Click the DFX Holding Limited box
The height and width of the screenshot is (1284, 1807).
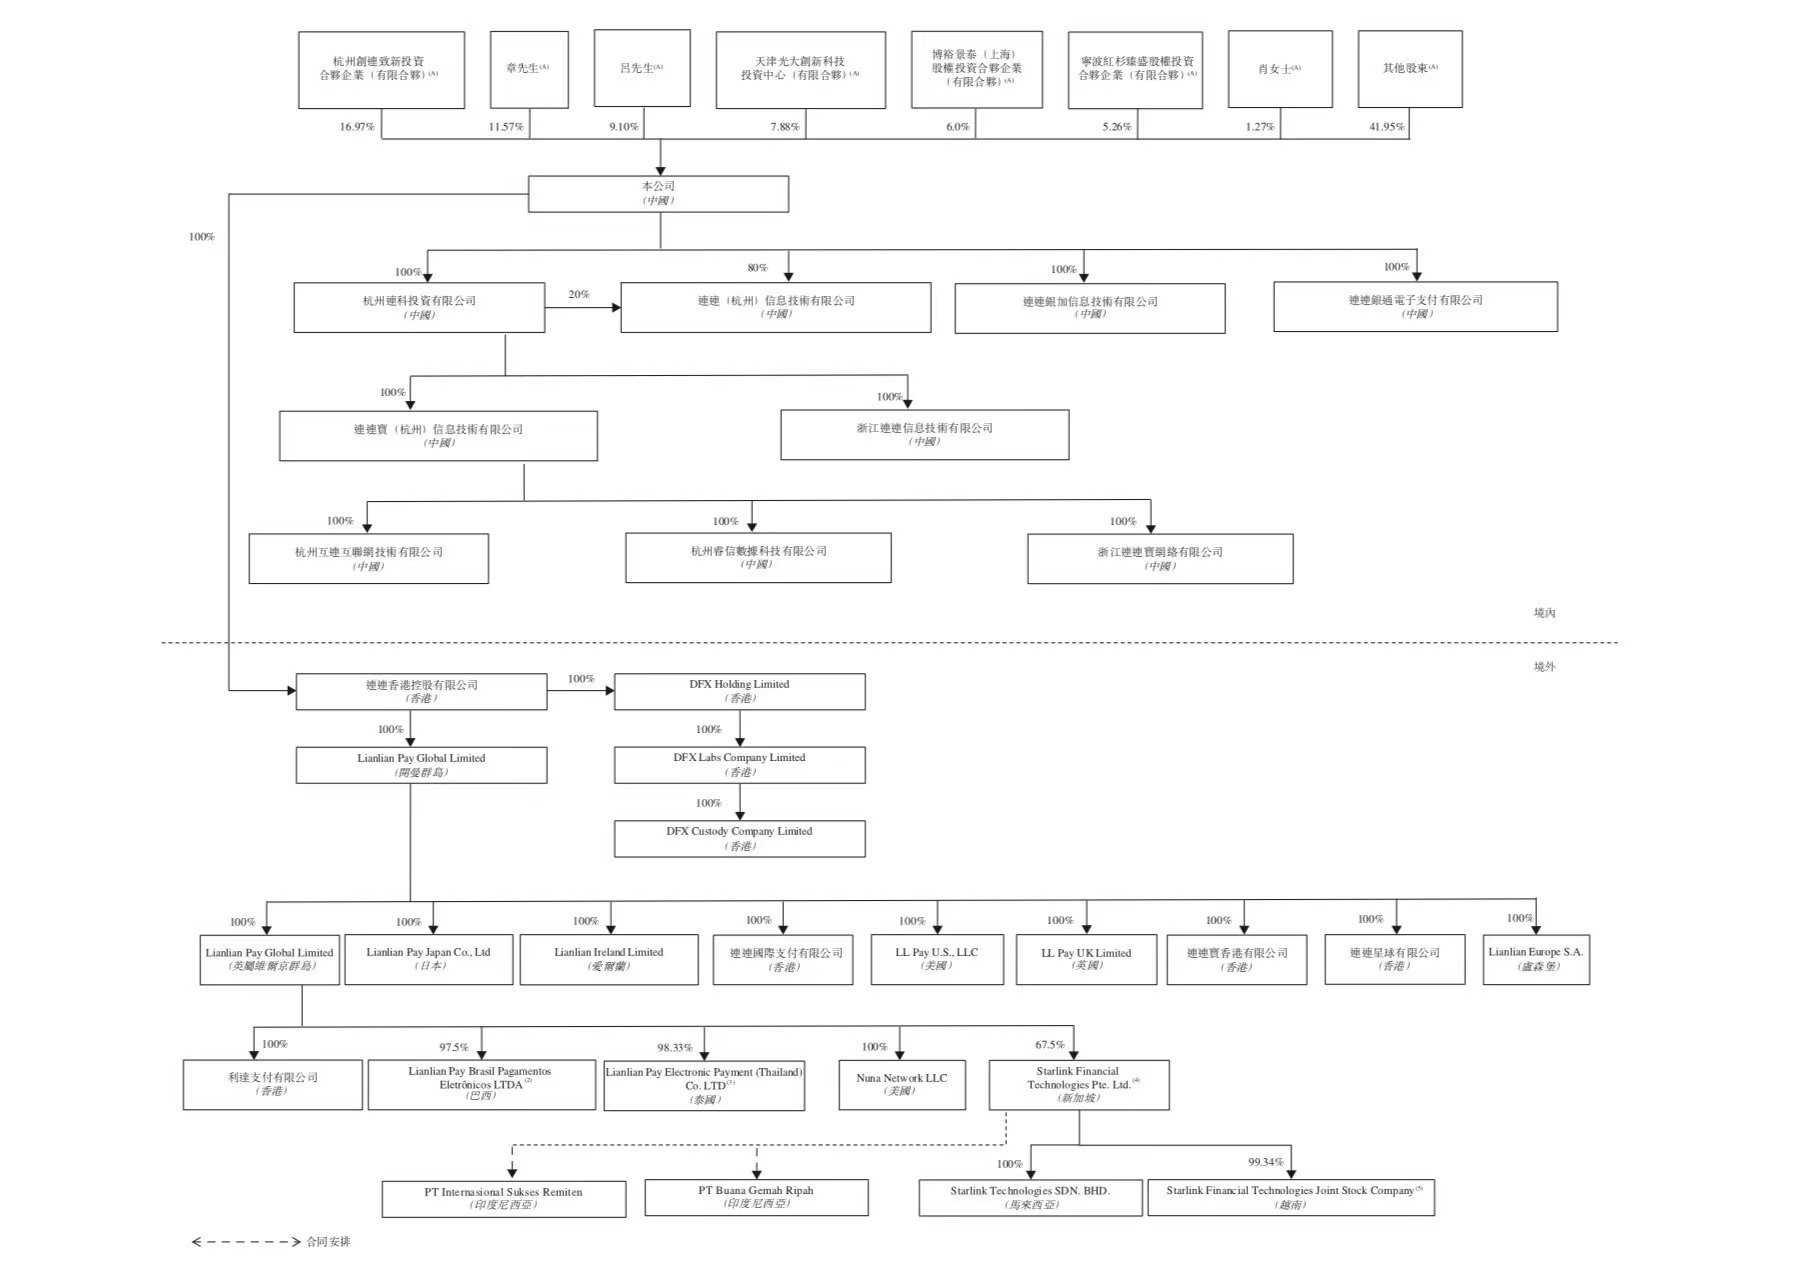tap(739, 691)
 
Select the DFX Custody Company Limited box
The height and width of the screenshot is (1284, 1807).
tap(739, 838)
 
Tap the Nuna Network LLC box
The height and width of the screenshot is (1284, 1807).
tap(901, 1084)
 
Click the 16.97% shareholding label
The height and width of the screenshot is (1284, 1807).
tap(357, 127)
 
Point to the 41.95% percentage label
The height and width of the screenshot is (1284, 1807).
tap(1386, 127)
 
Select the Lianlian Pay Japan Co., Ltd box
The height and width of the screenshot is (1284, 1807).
tap(428, 959)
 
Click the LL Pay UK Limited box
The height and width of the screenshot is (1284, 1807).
tap(1086, 959)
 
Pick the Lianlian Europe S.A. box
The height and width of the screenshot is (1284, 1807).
tap(1535, 958)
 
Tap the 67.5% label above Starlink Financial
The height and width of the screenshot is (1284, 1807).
tap(1049, 1045)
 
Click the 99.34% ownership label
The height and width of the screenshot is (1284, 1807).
tap(1265, 1162)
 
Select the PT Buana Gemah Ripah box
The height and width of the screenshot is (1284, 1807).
tap(756, 1197)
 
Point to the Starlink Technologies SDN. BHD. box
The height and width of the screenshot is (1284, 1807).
tap(1030, 1197)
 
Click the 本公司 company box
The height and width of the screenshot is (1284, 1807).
tap(658, 193)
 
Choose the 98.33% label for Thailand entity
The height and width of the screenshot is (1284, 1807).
tap(674, 1048)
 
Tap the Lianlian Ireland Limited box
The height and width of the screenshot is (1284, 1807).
tap(608, 959)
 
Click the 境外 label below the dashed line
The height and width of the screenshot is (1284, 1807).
tap(1544, 667)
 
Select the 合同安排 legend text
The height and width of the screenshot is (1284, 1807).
tap(328, 1242)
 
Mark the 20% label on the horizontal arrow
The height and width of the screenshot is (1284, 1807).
tap(578, 295)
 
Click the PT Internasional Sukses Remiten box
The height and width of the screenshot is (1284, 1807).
tap(503, 1198)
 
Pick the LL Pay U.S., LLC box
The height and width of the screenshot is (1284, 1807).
tap(936, 959)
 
